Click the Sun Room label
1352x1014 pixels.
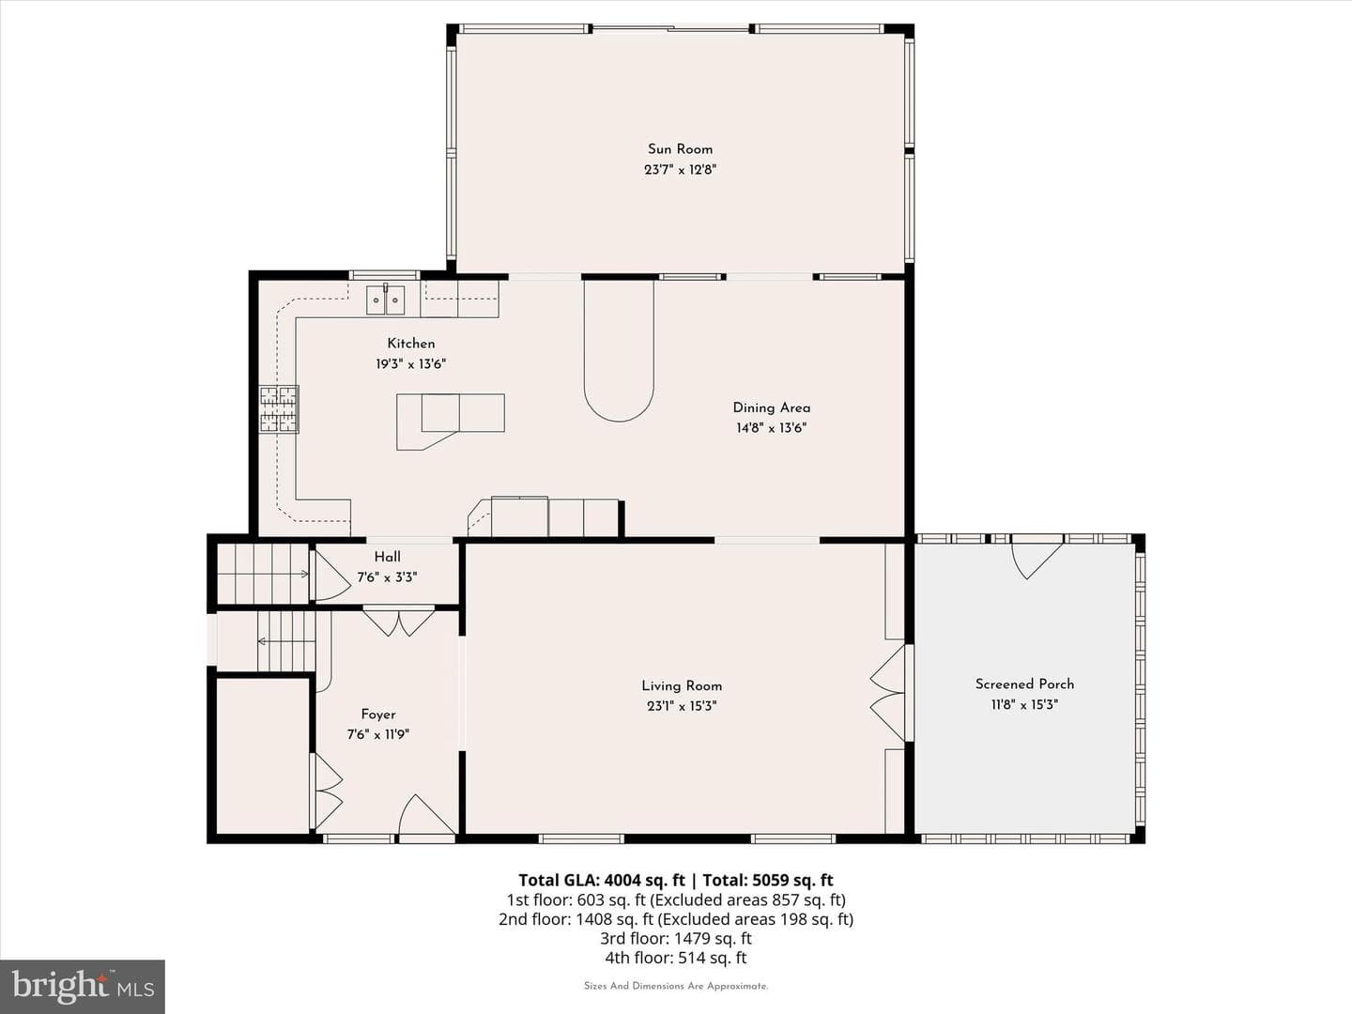680,149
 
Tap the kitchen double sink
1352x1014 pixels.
386,300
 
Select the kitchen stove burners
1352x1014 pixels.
279,409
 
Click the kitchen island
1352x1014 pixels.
451,422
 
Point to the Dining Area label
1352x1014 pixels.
771,407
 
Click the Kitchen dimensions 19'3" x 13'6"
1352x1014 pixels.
411,364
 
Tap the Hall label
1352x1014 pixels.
388,557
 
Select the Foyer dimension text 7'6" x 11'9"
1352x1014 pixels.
378,734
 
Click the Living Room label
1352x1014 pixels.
682,685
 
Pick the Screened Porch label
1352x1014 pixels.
1025,684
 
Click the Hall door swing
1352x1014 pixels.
332,575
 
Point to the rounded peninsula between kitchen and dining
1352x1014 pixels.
619,350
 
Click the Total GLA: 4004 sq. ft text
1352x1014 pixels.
601,880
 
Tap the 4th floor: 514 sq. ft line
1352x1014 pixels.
676,958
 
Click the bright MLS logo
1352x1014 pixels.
83,987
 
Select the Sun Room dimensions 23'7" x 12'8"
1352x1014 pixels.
681,169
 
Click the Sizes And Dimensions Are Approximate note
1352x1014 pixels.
676,986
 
